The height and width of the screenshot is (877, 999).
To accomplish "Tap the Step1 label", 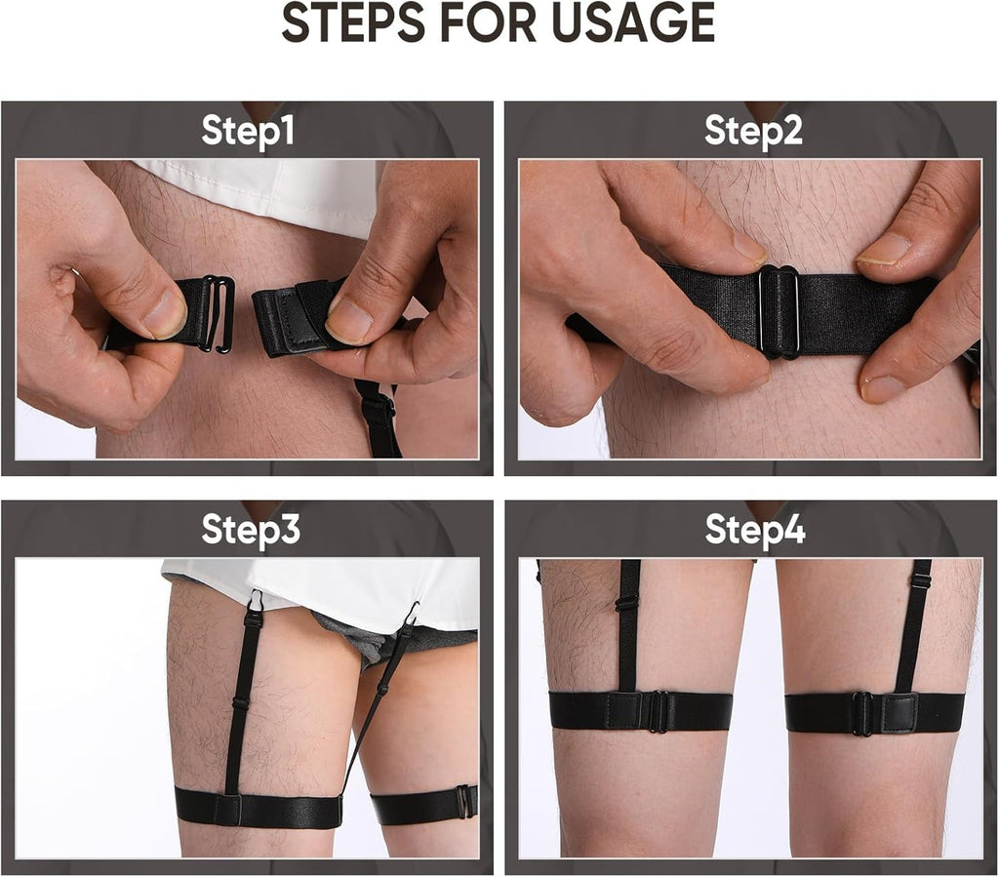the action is pos(248,131).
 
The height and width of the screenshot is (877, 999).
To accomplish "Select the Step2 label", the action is pos(753,131).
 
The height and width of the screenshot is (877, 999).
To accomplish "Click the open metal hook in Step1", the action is pos(218,313).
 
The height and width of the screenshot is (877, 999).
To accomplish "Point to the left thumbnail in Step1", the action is pos(164,314).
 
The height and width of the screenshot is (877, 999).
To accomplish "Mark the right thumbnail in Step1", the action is pos(348,321).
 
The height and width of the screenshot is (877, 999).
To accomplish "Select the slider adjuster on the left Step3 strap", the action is pos(241,703).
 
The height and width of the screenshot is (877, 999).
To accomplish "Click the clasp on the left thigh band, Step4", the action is pos(659,711).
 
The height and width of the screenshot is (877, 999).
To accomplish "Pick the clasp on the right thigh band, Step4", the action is pos(862,713).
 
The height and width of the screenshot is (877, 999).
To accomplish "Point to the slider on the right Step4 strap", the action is pos(919,581).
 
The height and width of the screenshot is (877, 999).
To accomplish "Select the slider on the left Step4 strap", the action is pos(627,603).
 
